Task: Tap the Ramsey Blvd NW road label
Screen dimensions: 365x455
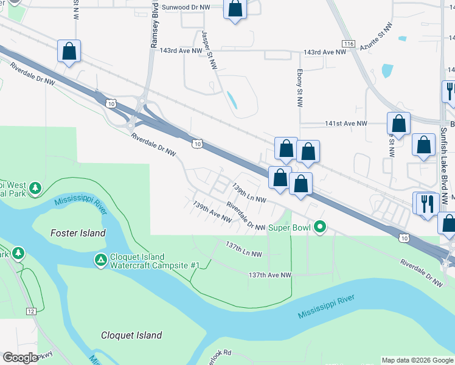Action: click(154, 27)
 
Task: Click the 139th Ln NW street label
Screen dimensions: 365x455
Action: click(249, 195)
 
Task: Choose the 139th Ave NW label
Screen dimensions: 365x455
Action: click(212, 211)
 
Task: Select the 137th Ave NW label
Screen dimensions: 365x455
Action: click(270, 275)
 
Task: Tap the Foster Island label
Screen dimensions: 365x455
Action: click(78, 233)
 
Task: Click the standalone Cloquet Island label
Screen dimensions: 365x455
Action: click(131, 335)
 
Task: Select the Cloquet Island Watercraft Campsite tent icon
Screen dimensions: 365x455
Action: click(100, 260)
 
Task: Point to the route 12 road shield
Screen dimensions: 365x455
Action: click(31, 311)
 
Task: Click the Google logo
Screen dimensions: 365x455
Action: click(20, 358)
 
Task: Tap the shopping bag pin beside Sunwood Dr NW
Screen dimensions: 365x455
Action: click(235, 10)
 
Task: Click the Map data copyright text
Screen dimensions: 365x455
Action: click(417, 360)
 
